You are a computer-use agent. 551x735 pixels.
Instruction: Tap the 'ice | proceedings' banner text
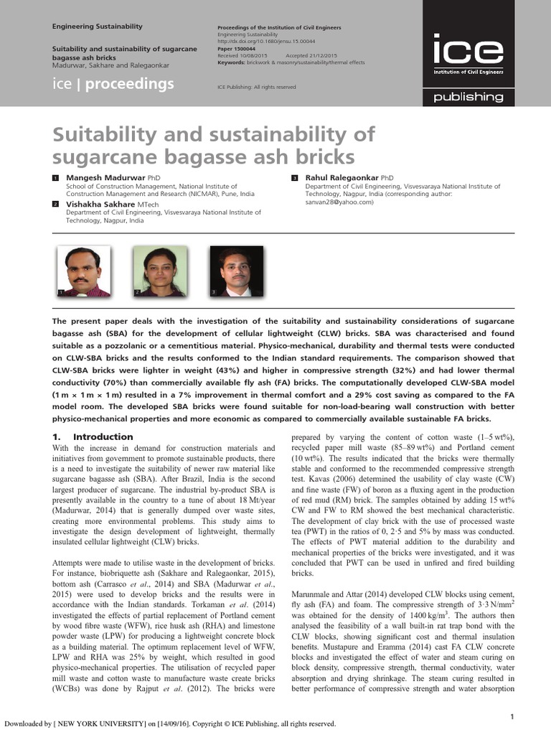pyautogui.click(x=113, y=84)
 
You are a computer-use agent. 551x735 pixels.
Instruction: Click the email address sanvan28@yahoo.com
pyautogui.click(x=335, y=202)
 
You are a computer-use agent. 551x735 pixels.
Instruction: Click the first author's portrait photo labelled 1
pyautogui.click(x=84, y=271)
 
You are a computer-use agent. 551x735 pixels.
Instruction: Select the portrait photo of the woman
pyautogui.click(x=159, y=271)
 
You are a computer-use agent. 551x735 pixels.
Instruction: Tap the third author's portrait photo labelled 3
pyautogui.click(x=236, y=271)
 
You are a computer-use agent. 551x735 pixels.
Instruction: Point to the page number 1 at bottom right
pyautogui.click(x=532, y=716)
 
